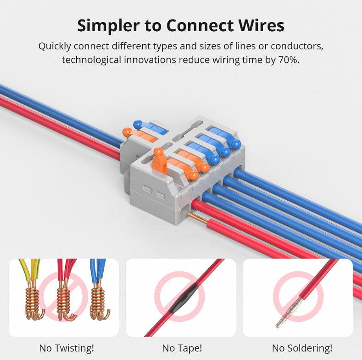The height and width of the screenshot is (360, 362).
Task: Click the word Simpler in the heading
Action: (108, 26)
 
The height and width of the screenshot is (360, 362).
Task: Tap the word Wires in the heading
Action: (262, 25)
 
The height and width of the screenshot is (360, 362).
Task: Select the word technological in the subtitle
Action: (91, 60)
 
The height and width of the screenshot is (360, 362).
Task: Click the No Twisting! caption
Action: (67, 348)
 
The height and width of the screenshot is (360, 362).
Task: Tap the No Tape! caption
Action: (182, 348)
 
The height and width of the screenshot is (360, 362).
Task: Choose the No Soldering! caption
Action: (302, 348)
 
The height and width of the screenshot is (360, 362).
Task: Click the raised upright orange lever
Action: (159, 161)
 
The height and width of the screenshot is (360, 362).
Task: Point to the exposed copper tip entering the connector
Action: (198, 218)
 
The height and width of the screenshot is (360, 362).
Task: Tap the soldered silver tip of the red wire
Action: (289, 312)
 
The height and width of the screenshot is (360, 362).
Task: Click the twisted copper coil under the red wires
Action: (63, 299)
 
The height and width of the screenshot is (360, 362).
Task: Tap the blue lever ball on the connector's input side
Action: (138, 124)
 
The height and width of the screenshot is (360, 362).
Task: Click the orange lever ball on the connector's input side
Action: (127, 132)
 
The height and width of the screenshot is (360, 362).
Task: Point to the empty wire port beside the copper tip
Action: (185, 214)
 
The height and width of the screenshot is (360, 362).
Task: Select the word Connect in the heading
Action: (200, 25)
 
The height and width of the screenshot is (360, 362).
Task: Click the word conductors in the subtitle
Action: (297, 46)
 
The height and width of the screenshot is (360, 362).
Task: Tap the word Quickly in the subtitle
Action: (55, 46)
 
